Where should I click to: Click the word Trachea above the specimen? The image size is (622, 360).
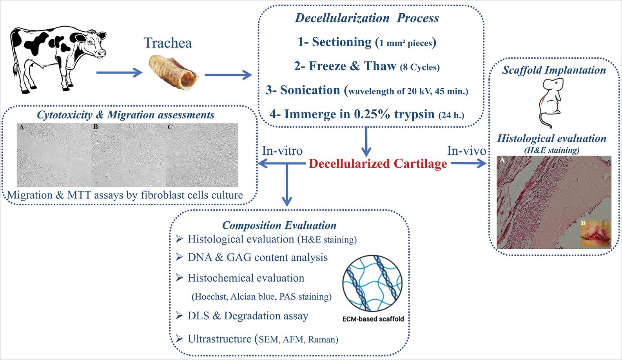[x=168, y=43]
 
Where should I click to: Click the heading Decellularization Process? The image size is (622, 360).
[x=367, y=18]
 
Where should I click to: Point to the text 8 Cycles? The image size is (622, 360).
[x=419, y=67]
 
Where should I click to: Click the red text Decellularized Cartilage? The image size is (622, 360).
[x=378, y=164]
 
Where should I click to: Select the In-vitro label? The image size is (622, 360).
[x=282, y=150]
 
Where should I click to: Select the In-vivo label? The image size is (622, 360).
[x=467, y=150]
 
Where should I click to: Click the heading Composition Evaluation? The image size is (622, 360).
[x=279, y=225]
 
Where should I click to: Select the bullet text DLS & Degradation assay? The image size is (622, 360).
[x=248, y=316]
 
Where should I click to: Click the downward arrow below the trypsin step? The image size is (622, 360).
[x=366, y=141]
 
